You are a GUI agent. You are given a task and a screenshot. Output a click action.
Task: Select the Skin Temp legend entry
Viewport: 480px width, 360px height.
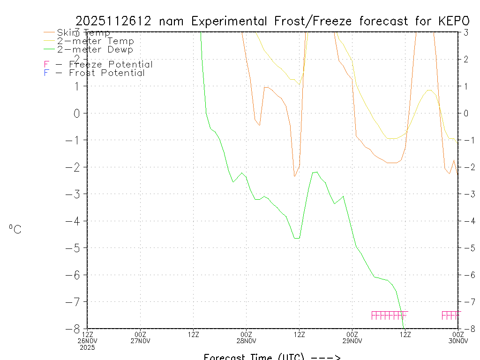(83, 33)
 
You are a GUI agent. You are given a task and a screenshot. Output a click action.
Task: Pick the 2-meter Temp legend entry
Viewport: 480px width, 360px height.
(95, 41)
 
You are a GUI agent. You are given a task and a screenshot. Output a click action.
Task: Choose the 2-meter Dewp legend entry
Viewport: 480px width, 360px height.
(95, 50)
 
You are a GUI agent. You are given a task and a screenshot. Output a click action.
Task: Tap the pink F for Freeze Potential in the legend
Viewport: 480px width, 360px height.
(46, 65)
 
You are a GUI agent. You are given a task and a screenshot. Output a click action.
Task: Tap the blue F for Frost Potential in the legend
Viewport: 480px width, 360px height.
(46, 73)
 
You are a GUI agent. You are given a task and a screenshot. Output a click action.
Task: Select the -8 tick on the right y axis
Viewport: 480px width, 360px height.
(467, 329)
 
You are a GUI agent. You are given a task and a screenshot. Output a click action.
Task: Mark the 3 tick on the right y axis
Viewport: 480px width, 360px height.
(466, 32)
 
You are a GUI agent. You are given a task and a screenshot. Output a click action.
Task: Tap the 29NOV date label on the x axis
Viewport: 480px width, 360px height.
(352, 341)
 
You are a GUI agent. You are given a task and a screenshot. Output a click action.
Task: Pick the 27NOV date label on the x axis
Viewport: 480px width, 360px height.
(141, 341)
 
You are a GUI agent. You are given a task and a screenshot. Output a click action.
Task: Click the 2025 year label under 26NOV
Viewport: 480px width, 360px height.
(88, 348)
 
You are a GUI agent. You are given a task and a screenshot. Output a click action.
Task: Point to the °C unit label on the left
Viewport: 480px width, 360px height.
(15, 230)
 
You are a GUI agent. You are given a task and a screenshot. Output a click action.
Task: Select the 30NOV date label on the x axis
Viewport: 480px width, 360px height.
(458, 341)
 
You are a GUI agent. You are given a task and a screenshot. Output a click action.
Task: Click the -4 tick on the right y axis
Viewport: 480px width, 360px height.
(467, 221)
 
